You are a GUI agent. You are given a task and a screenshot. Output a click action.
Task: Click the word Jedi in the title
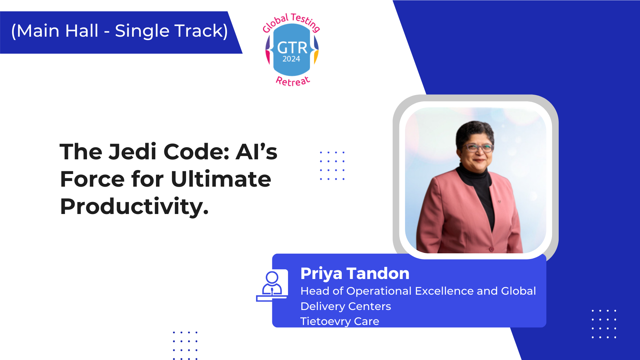click(132, 152)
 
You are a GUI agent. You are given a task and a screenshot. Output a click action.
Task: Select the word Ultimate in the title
click(221, 179)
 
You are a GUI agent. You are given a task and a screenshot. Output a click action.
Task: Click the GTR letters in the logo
click(292, 48)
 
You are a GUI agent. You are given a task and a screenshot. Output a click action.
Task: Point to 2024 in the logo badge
click(291, 59)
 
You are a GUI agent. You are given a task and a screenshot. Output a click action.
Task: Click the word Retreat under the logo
click(293, 81)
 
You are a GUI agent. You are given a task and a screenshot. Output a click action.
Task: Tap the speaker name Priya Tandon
click(355, 273)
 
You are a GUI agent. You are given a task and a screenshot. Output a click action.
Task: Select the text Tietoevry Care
click(340, 321)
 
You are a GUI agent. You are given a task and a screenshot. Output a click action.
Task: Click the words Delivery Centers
click(346, 306)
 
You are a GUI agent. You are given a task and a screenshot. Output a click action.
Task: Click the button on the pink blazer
click(491, 249)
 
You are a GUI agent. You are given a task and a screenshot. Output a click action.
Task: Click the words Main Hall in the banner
click(57, 31)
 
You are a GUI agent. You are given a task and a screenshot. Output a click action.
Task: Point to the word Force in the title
click(92, 179)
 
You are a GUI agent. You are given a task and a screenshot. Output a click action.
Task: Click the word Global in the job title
click(518, 291)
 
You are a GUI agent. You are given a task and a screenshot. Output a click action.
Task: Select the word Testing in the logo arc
click(305, 22)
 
